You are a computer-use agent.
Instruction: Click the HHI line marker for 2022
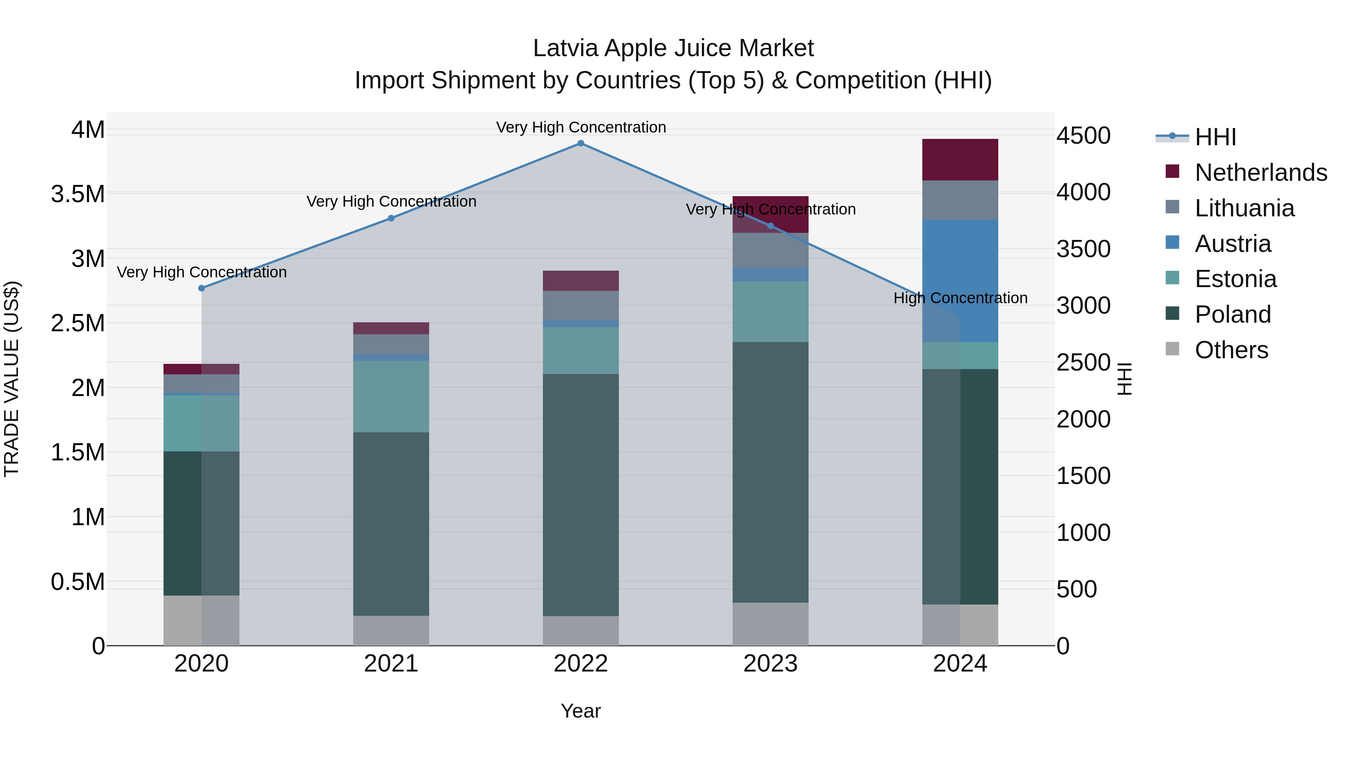click(x=580, y=143)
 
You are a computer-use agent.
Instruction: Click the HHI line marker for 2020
click(x=201, y=288)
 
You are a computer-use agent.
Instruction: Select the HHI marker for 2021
click(x=391, y=218)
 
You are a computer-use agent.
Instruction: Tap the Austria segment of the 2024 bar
click(x=960, y=281)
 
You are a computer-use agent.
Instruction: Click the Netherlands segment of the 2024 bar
click(x=960, y=159)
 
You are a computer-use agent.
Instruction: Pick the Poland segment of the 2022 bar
click(x=580, y=494)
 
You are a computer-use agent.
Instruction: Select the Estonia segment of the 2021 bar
click(x=391, y=396)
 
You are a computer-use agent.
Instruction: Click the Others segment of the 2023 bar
click(x=770, y=624)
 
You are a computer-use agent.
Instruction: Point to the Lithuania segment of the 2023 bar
click(x=770, y=250)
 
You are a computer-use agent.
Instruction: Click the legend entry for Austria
click(x=1233, y=244)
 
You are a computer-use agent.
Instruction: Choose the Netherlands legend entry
click(x=1260, y=173)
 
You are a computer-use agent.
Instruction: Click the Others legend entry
click(x=1231, y=350)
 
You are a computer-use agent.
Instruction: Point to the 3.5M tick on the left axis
click(x=77, y=194)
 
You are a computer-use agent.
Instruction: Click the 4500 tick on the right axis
click(x=1083, y=136)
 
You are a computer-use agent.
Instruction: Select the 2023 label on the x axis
click(x=770, y=664)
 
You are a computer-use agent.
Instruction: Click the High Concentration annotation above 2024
click(x=960, y=298)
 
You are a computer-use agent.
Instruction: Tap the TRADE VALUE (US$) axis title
click(x=12, y=379)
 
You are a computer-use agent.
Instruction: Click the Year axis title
click(x=580, y=711)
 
